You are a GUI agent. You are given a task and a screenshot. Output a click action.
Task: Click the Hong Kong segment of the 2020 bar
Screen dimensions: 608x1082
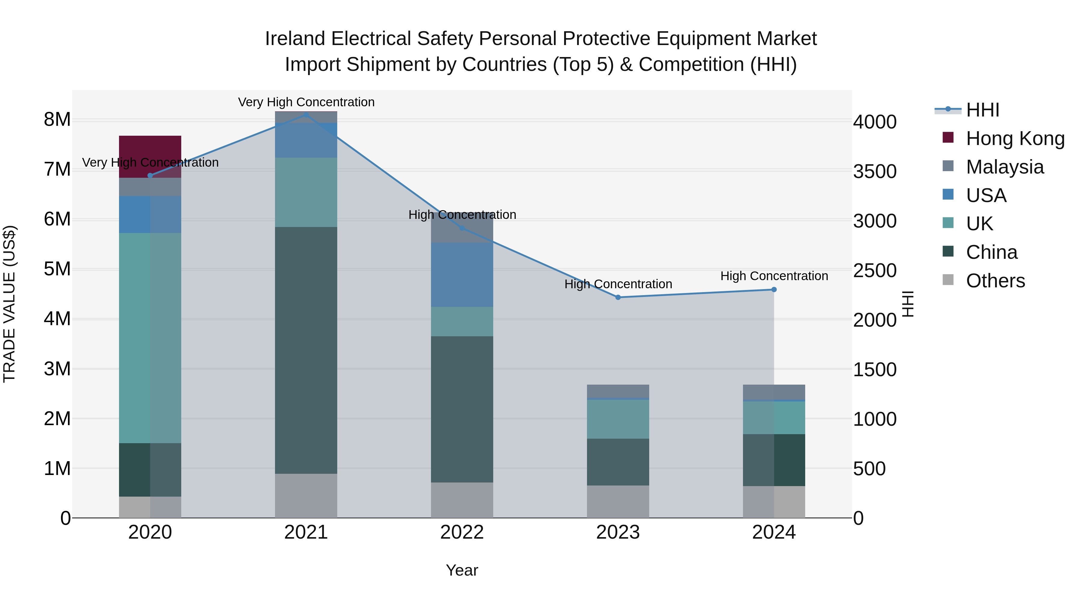(x=150, y=156)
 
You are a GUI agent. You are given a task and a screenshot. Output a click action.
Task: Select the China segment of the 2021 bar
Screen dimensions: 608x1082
(x=306, y=350)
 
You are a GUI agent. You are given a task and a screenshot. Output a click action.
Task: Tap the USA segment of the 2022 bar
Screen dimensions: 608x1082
(x=462, y=274)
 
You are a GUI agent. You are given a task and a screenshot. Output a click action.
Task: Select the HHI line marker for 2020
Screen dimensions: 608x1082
(x=150, y=175)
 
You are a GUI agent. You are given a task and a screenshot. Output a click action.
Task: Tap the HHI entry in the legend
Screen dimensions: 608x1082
(x=982, y=110)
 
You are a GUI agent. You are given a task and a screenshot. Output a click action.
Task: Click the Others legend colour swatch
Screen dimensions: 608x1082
(x=948, y=280)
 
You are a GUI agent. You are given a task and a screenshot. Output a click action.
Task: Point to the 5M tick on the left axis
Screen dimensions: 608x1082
(x=57, y=269)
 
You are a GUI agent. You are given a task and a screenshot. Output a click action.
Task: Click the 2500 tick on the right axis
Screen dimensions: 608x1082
(x=875, y=271)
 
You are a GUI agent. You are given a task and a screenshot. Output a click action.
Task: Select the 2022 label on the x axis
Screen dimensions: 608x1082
(x=462, y=532)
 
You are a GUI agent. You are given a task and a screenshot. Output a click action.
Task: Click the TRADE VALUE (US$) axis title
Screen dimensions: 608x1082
(x=9, y=304)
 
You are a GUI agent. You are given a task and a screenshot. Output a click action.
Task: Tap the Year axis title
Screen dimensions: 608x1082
(x=462, y=570)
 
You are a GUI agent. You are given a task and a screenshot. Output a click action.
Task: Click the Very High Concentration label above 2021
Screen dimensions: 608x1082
(x=306, y=102)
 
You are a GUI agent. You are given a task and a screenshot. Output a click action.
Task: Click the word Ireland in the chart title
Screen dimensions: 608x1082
(x=295, y=39)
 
